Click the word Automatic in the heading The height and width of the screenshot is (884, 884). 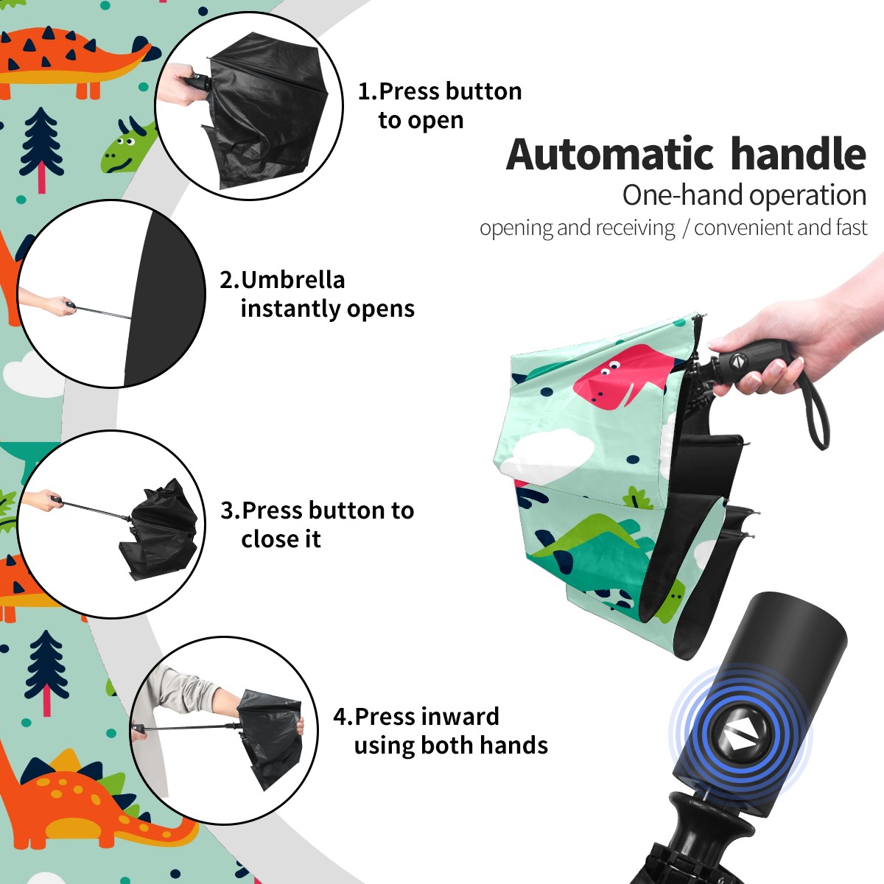(x=610, y=154)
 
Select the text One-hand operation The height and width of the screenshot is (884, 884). (x=744, y=195)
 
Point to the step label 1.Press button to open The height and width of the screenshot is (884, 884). (x=440, y=105)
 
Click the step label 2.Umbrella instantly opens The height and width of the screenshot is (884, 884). (x=317, y=294)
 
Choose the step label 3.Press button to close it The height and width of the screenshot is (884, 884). (x=317, y=525)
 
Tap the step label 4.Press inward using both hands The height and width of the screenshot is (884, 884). (x=441, y=731)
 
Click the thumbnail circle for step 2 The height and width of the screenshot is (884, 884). (x=111, y=294)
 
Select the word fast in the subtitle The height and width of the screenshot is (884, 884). (x=851, y=227)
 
